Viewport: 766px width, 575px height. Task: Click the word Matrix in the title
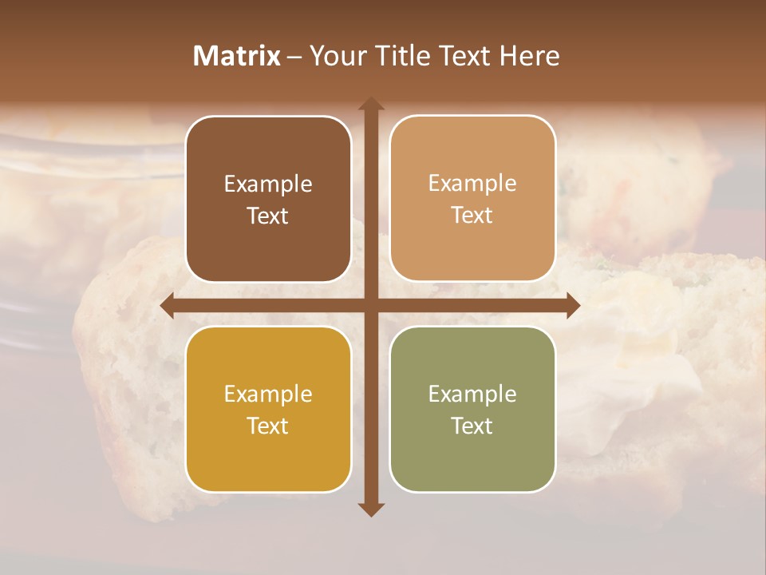[x=237, y=56]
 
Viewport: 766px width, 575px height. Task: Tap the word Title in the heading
[x=404, y=56]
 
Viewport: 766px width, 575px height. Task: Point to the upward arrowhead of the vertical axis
[x=371, y=105]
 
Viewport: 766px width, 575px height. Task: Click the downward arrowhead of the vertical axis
[x=371, y=509]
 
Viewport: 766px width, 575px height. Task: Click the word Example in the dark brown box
[x=268, y=184]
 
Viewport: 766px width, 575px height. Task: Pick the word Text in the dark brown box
[x=268, y=216]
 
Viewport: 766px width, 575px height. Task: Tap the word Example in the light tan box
[x=472, y=184]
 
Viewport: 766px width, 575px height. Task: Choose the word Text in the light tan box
[x=472, y=215]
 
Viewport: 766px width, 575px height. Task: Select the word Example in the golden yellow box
[x=268, y=395]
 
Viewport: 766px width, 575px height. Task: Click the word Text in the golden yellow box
[x=268, y=426]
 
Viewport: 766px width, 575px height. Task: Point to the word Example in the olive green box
[x=472, y=395]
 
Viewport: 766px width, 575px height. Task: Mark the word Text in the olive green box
[x=472, y=426]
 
